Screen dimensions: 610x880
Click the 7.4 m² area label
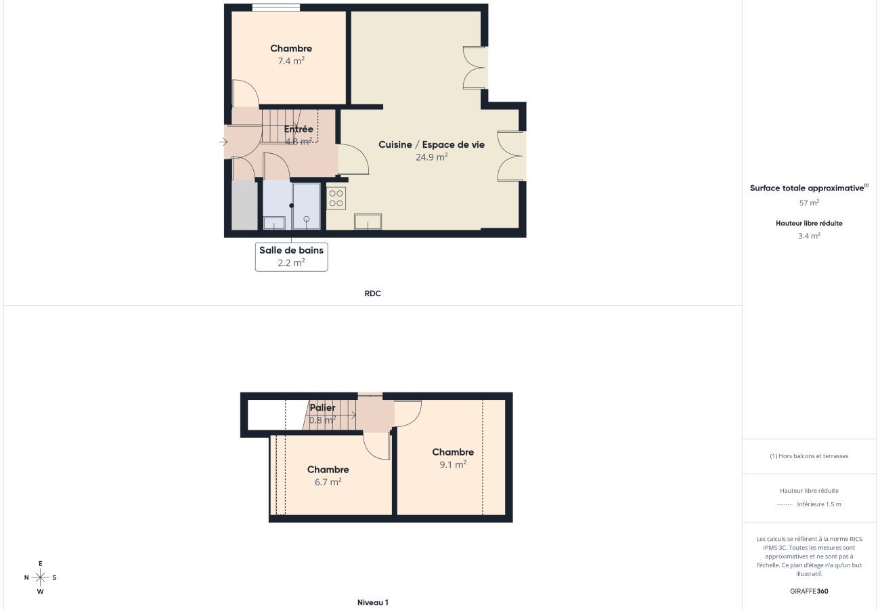(x=291, y=61)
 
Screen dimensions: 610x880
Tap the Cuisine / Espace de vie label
(x=431, y=144)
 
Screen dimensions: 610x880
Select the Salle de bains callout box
(x=291, y=257)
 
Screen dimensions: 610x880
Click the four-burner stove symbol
(x=336, y=198)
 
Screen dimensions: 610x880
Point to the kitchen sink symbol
(x=368, y=222)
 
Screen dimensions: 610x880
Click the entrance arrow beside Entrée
(x=223, y=142)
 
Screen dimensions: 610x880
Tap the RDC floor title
(x=372, y=293)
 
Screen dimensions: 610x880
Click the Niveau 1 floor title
(x=372, y=603)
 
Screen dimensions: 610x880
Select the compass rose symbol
(x=41, y=577)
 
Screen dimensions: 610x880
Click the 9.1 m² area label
(x=453, y=465)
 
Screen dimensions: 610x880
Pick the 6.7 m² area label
(x=328, y=482)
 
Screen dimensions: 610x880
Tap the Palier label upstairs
(x=322, y=408)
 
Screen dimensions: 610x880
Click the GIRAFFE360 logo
(x=809, y=591)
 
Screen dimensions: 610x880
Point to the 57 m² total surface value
(x=809, y=203)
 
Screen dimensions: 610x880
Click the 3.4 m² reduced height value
(x=809, y=236)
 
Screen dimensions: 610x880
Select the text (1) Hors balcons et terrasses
(x=809, y=456)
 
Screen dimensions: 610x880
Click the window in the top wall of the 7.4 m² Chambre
(x=276, y=7)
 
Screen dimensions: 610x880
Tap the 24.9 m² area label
(x=431, y=157)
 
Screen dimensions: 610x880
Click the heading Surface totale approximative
(x=808, y=188)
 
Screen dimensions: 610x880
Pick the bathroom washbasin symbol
(x=274, y=222)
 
